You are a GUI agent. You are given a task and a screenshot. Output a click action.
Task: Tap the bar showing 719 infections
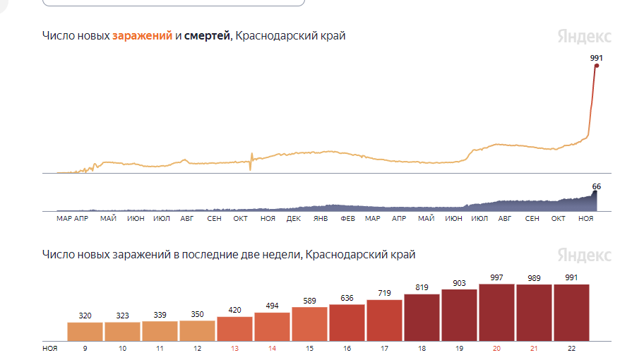point(384,320)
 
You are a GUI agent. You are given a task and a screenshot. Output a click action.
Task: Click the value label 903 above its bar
point(459,282)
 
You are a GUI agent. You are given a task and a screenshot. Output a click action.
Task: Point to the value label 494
point(272,306)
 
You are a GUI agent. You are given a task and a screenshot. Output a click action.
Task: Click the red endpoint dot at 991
point(597,66)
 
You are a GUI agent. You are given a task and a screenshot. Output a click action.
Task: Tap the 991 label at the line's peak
point(597,58)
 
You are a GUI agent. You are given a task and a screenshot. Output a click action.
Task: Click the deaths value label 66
point(596,186)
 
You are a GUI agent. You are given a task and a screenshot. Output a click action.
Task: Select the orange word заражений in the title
point(142,36)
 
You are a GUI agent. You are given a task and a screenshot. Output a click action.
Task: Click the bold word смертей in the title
point(207,36)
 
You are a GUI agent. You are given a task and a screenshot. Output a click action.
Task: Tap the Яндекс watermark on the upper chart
point(584,37)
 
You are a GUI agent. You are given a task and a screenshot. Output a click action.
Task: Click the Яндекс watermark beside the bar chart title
point(584,255)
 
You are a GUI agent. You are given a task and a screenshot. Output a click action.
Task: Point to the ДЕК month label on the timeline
point(294,219)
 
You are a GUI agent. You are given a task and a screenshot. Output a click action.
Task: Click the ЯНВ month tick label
point(321,219)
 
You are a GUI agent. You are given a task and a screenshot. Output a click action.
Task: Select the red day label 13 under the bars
point(234,348)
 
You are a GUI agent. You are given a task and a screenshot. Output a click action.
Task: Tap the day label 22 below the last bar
point(571,348)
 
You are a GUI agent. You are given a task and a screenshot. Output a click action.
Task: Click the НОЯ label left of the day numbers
point(50,348)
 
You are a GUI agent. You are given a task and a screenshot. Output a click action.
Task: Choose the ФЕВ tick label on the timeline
point(347,219)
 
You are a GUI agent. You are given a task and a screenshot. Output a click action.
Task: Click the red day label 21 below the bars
point(534,348)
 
